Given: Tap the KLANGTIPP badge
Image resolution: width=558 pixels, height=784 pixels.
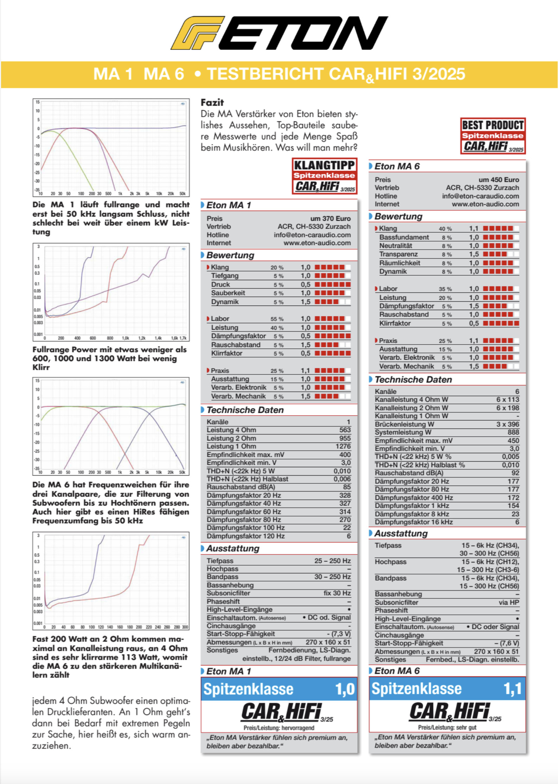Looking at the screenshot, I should click(x=324, y=176).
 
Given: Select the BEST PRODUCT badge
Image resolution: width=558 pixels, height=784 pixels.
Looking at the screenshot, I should click(x=493, y=136).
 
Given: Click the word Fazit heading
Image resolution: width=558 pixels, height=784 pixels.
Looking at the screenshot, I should click(x=212, y=102).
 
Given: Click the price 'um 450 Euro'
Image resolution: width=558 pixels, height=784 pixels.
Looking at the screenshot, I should click(x=499, y=180).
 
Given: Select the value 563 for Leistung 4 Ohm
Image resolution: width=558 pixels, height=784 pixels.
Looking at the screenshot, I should click(x=345, y=430).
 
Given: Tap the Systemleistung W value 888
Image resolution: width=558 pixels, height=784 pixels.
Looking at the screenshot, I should click(x=513, y=432).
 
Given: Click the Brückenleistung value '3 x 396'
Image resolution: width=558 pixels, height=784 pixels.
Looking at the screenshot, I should click(x=507, y=424).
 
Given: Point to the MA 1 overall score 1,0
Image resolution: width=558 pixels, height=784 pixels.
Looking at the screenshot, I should click(x=345, y=689).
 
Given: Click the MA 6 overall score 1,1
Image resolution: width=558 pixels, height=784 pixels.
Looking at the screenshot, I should click(x=513, y=689).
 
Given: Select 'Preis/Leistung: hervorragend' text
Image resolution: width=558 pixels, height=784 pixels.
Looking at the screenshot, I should click(x=279, y=727).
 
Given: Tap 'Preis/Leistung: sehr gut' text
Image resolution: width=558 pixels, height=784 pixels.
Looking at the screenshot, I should click(x=447, y=727).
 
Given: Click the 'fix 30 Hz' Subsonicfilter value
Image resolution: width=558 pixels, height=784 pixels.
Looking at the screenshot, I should click(x=337, y=593).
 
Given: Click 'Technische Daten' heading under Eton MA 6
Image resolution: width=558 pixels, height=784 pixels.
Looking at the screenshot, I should click(x=413, y=379).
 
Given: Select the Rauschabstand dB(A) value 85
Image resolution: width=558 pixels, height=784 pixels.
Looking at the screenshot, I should click(x=347, y=487).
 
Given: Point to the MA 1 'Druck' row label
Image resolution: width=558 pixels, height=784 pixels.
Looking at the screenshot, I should click(x=220, y=284).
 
